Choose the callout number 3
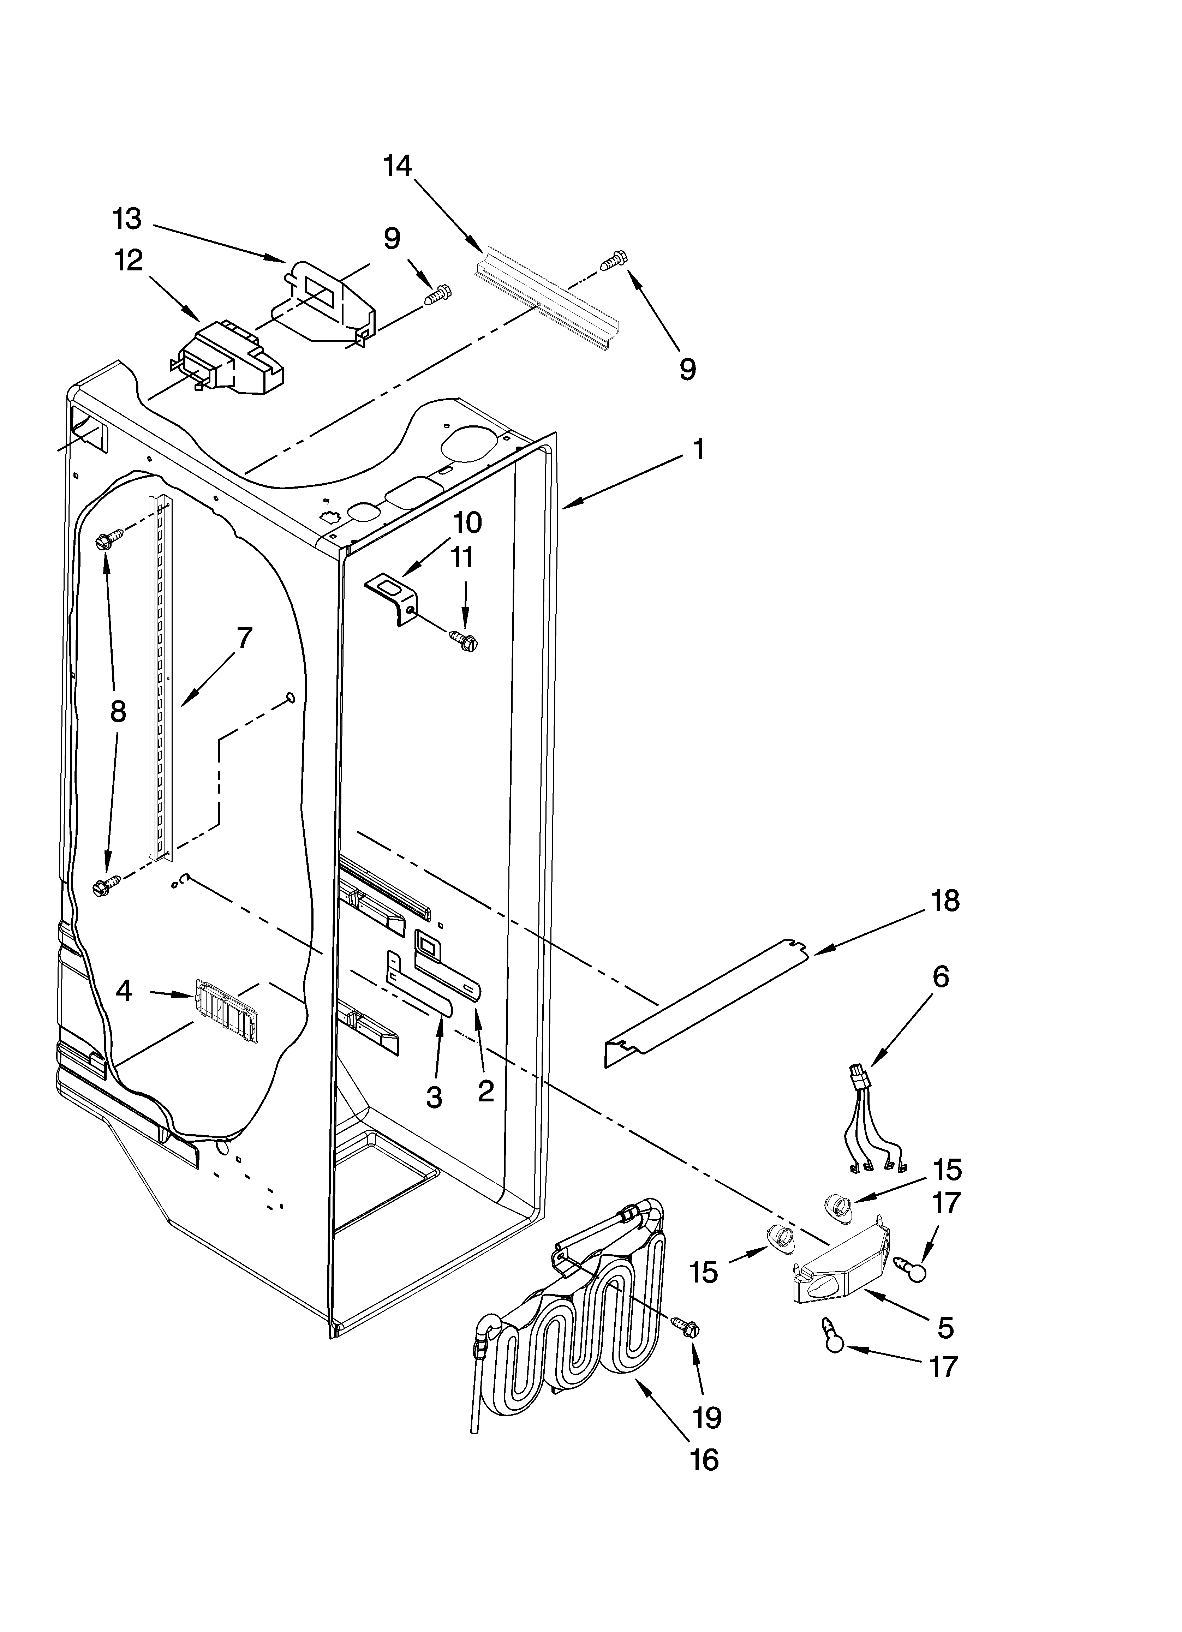pos(434,1096)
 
